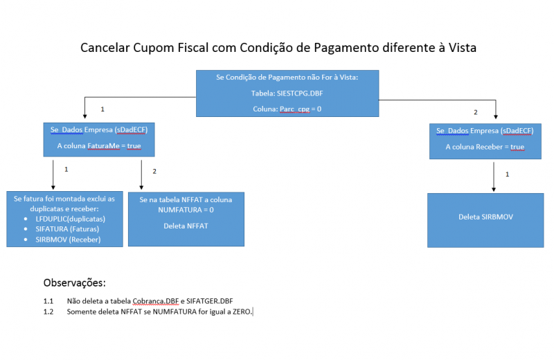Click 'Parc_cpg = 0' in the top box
(301, 109)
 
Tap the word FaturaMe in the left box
(102, 147)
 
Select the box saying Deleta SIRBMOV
(485, 217)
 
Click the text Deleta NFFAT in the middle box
(186, 226)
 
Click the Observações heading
(74, 283)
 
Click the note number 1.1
(48, 301)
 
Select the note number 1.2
(48, 312)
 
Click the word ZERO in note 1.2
(241, 312)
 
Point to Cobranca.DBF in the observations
(152, 301)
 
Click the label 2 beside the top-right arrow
(475, 112)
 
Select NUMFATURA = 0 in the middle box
(186, 209)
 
